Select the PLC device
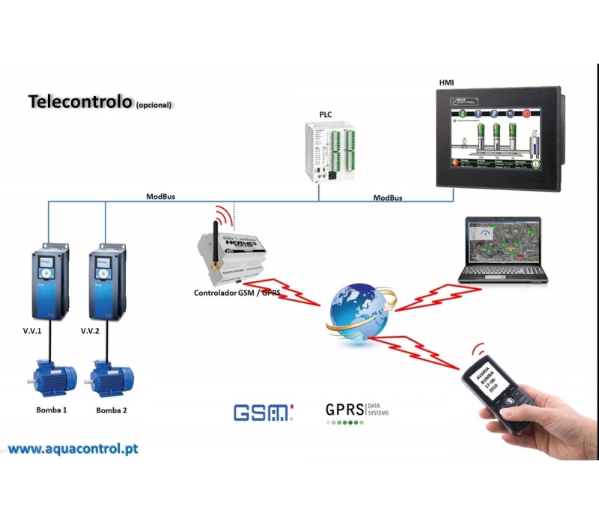[332, 151]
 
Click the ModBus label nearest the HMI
[388, 198]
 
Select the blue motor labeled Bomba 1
[50, 378]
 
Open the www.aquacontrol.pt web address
[73, 449]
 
